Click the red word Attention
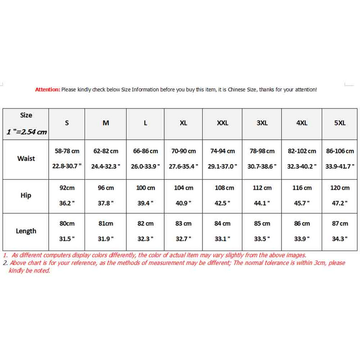coord(47,90)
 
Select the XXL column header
coord(222,123)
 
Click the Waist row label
coord(26,158)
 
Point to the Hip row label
coord(26,196)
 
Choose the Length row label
coord(26,231)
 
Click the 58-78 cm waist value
coord(67,151)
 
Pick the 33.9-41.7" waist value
coord(340,166)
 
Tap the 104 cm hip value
coord(184,188)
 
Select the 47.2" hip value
coord(340,203)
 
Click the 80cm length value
coord(67,223)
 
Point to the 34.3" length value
coord(340,238)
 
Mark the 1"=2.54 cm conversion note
coord(27,132)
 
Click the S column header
coord(67,123)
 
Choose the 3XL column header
coord(262,123)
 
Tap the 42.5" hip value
coord(222,203)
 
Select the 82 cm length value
coord(145,223)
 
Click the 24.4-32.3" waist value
coord(106,166)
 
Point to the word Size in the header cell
coord(26,115)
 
